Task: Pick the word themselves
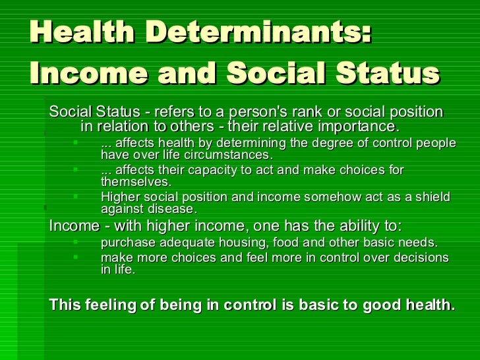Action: point(135,183)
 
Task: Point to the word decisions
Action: point(421,257)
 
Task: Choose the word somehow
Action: point(307,197)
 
